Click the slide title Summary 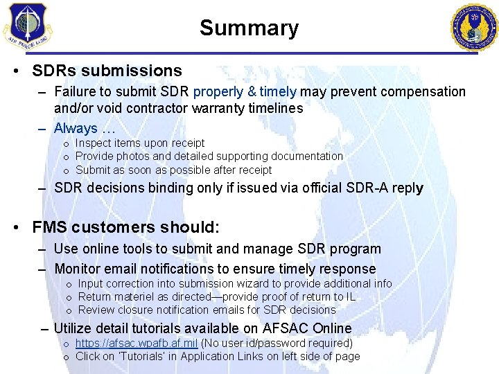tap(249, 28)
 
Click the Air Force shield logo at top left tap(26, 26)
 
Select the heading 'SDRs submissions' tap(107, 71)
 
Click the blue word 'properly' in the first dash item tap(218, 91)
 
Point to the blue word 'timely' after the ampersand tap(278, 91)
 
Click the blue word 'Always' tap(76, 128)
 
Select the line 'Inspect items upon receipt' tap(139, 143)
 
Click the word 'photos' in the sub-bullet tap(133, 157)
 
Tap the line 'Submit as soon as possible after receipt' tap(173, 170)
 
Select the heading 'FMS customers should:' tap(125, 227)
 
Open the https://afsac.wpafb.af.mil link tap(137, 343)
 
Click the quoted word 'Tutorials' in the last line tap(140, 356)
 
